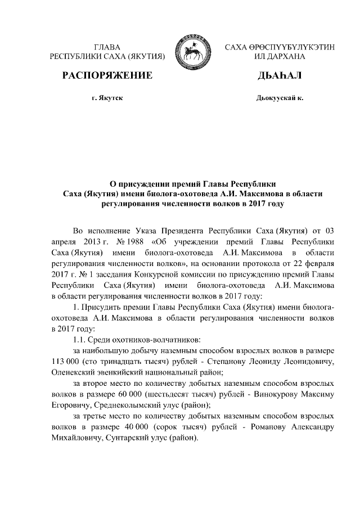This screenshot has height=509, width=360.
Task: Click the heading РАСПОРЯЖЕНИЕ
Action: (107, 75)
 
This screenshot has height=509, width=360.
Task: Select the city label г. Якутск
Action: (107, 98)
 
